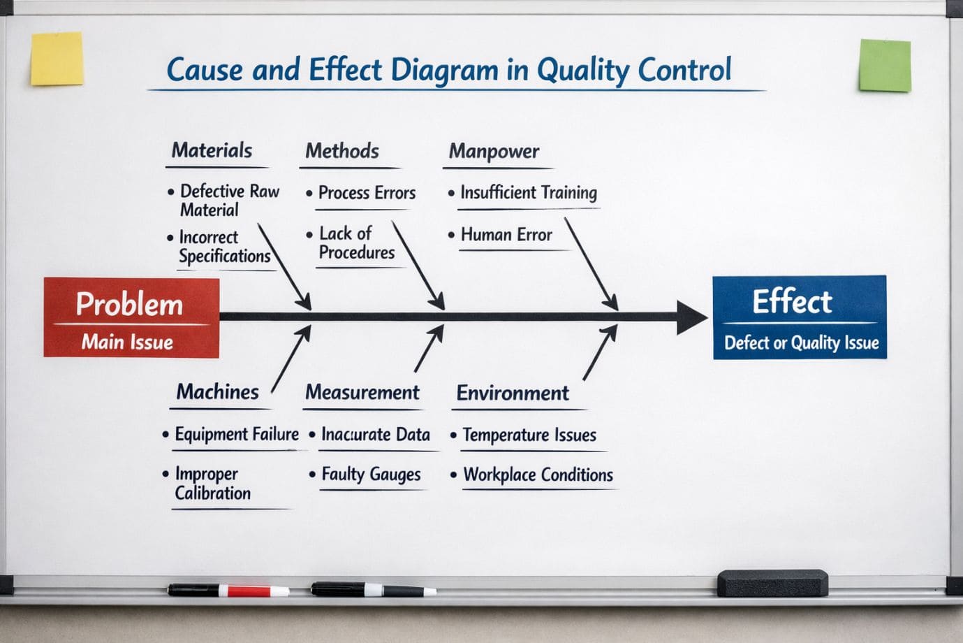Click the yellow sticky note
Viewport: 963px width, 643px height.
click(x=57, y=59)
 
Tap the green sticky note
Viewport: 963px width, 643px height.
click(x=885, y=66)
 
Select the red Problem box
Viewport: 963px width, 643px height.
click(x=131, y=317)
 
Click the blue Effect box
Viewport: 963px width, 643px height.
click(x=800, y=317)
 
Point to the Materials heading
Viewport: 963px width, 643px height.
click(x=212, y=151)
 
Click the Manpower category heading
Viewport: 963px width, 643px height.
click(x=494, y=152)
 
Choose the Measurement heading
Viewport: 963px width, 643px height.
click(x=362, y=393)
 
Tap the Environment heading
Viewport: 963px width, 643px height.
click(x=513, y=393)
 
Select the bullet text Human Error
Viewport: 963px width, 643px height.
click(x=506, y=236)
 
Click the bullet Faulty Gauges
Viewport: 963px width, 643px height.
click(x=370, y=475)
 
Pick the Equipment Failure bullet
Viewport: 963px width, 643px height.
click(x=236, y=435)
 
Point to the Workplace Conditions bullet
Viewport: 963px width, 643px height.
click(x=538, y=475)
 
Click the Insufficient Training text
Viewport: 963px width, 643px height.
click(x=528, y=193)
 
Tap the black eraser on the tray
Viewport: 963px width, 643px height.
click(x=772, y=583)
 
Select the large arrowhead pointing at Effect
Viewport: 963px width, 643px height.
click(x=691, y=317)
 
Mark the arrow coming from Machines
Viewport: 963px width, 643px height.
click(x=291, y=359)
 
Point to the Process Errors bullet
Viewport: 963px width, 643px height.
click(x=366, y=193)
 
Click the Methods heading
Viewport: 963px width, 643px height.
click(x=342, y=152)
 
